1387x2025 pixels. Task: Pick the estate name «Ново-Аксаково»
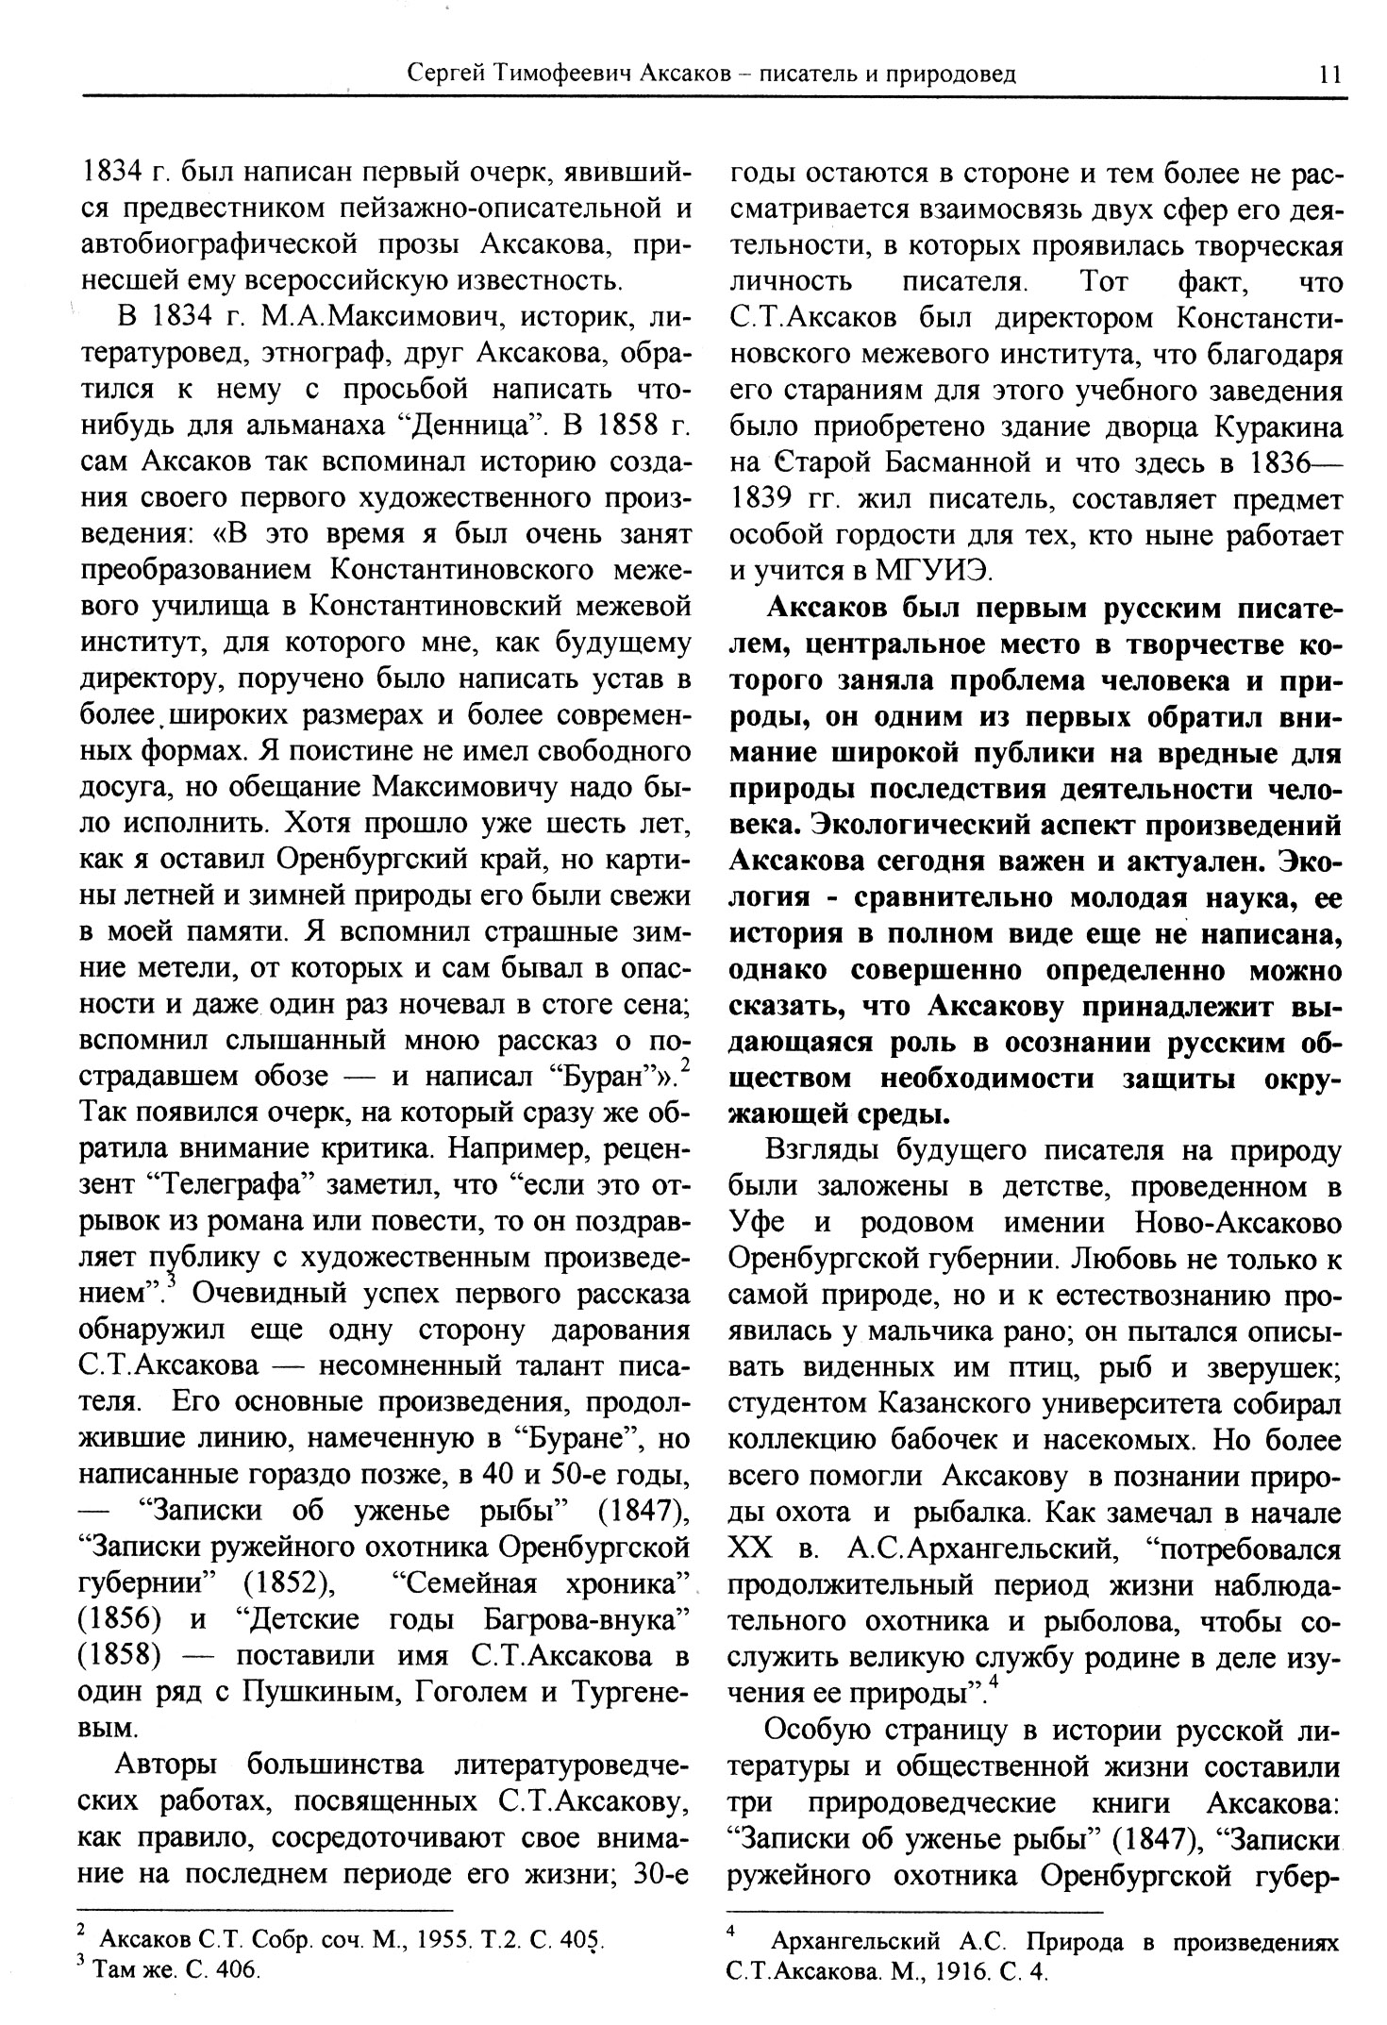[1234, 1223]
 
